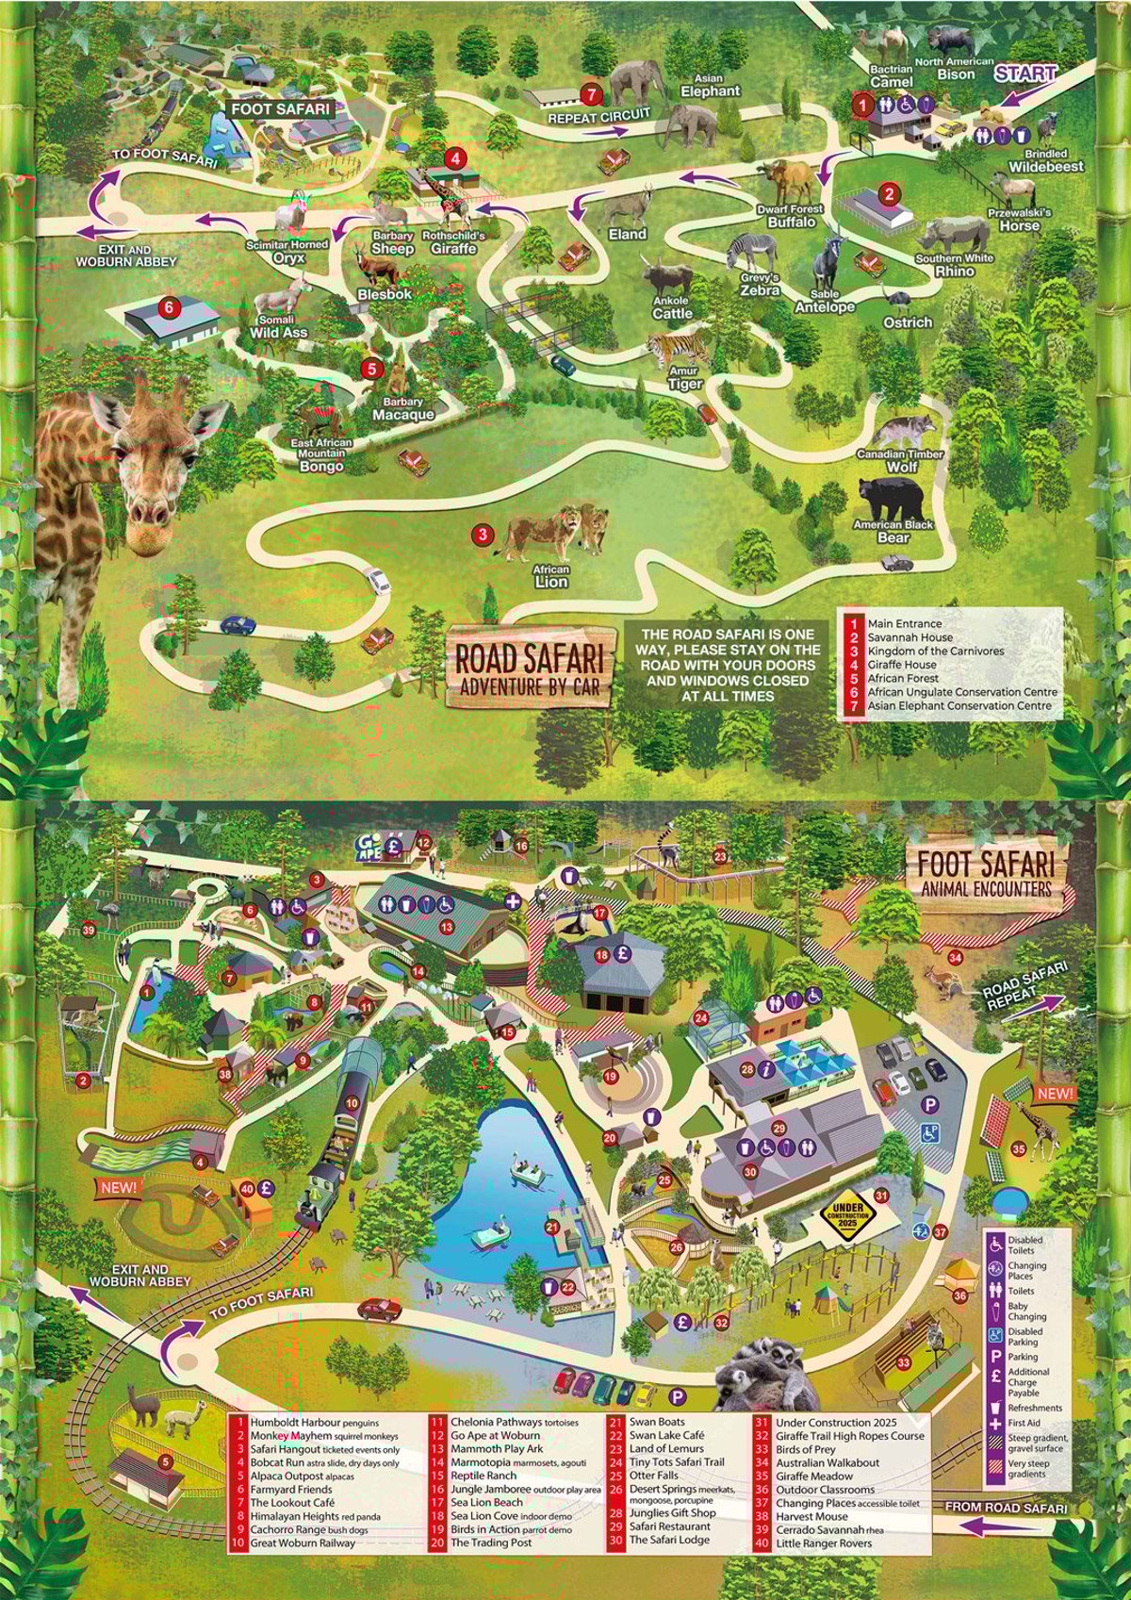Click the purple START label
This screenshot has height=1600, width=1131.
[x=1026, y=73]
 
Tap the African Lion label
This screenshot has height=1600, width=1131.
[x=551, y=576]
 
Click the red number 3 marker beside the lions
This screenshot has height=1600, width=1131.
[x=482, y=535]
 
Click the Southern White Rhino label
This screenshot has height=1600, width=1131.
[x=954, y=264]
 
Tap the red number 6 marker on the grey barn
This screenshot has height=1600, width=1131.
[x=168, y=306]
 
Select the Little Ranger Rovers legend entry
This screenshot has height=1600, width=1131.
[x=823, y=1543]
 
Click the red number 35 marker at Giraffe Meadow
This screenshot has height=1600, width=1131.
[x=1018, y=1149]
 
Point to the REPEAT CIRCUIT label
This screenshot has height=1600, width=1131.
[x=599, y=118]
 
